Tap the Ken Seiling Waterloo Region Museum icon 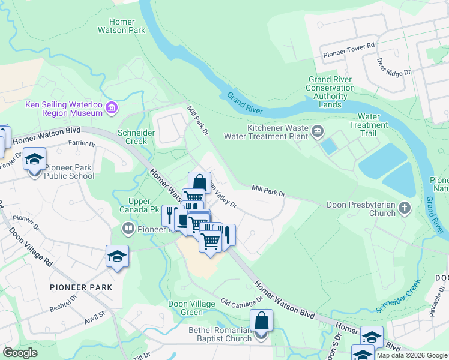click(111, 109)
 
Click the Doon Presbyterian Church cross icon click(405, 208)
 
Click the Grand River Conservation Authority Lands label click(330, 92)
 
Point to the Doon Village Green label click(191, 308)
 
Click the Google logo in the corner click(20, 353)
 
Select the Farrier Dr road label click(82, 144)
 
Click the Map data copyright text click(412, 355)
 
